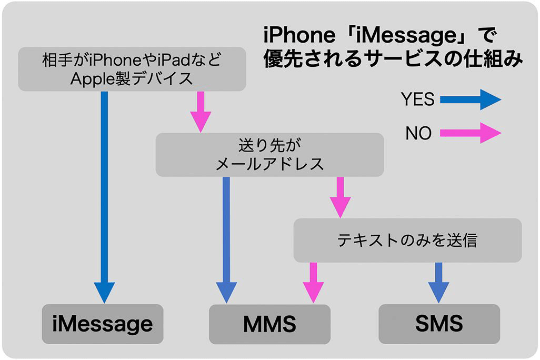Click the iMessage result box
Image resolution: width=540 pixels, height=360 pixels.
pyautogui.click(x=102, y=324)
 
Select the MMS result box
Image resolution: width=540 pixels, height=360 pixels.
pyautogui.click(x=269, y=324)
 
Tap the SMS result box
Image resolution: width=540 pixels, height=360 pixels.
pyautogui.click(x=439, y=324)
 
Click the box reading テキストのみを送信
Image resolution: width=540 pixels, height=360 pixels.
pyautogui.click(x=407, y=241)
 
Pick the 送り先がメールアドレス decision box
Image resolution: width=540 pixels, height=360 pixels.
pyautogui.click(x=269, y=154)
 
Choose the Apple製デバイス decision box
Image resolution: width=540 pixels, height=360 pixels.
pyautogui.click(x=132, y=69)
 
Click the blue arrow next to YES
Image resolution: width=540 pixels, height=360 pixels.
pyautogui.click(x=470, y=99)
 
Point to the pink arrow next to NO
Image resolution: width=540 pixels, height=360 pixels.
pyautogui.click(x=470, y=133)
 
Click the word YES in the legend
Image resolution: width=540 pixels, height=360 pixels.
pyautogui.click(x=417, y=99)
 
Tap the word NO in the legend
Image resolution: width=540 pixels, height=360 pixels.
pyautogui.click(x=418, y=134)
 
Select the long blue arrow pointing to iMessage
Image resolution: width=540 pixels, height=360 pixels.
pyautogui.click(x=104, y=195)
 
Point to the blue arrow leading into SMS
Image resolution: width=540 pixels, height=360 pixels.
pyautogui.click(x=438, y=282)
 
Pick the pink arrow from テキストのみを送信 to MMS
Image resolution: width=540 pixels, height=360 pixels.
pyautogui.click(x=314, y=282)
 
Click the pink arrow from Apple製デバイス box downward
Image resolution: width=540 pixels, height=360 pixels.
pyautogui.click(x=201, y=111)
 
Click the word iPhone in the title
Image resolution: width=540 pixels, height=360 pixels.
pyautogui.click(x=298, y=36)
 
